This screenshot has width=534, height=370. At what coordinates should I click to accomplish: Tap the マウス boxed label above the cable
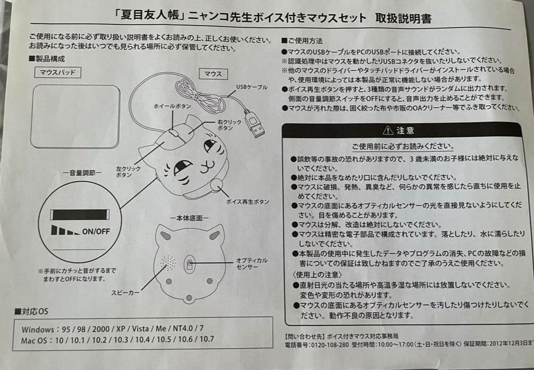click(x=213, y=74)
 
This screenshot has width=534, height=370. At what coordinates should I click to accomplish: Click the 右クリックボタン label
click(x=226, y=125)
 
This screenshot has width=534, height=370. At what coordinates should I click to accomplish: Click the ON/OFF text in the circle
click(x=96, y=231)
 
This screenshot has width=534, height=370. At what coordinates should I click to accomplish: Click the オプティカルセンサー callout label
click(x=251, y=263)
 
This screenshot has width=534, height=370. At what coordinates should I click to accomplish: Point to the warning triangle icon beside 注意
click(x=387, y=130)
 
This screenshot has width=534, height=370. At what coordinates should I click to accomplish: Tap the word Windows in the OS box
click(x=38, y=329)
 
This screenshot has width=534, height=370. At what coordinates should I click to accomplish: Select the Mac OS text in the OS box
click(x=36, y=340)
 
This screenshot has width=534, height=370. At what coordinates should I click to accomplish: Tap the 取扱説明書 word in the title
click(x=404, y=19)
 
